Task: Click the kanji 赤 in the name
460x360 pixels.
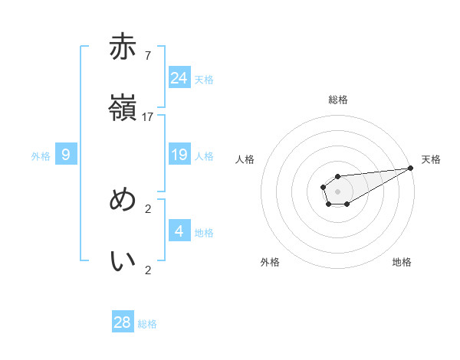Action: (123, 47)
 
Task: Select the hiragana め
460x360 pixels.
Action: (123, 200)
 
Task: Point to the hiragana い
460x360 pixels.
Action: (123, 261)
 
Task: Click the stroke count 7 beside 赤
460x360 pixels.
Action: (147, 55)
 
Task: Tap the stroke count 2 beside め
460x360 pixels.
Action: (147, 208)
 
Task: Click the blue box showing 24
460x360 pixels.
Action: (179, 78)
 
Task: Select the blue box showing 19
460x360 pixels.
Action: (179, 155)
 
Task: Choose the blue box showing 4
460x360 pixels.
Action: (179, 231)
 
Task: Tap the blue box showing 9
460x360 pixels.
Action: (66, 155)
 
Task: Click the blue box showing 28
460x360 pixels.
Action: (123, 322)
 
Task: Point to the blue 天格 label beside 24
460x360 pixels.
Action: (204, 80)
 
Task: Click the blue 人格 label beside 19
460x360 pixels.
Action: (204, 156)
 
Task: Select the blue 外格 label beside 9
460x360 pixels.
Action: (41, 156)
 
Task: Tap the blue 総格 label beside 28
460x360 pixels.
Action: (147, 324)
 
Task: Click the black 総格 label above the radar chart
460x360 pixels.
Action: (338, 100)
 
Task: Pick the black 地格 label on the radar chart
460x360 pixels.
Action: (402, 262)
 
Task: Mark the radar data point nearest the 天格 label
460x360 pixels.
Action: (410, 168)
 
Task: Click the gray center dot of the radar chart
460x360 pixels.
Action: (337, 191)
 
